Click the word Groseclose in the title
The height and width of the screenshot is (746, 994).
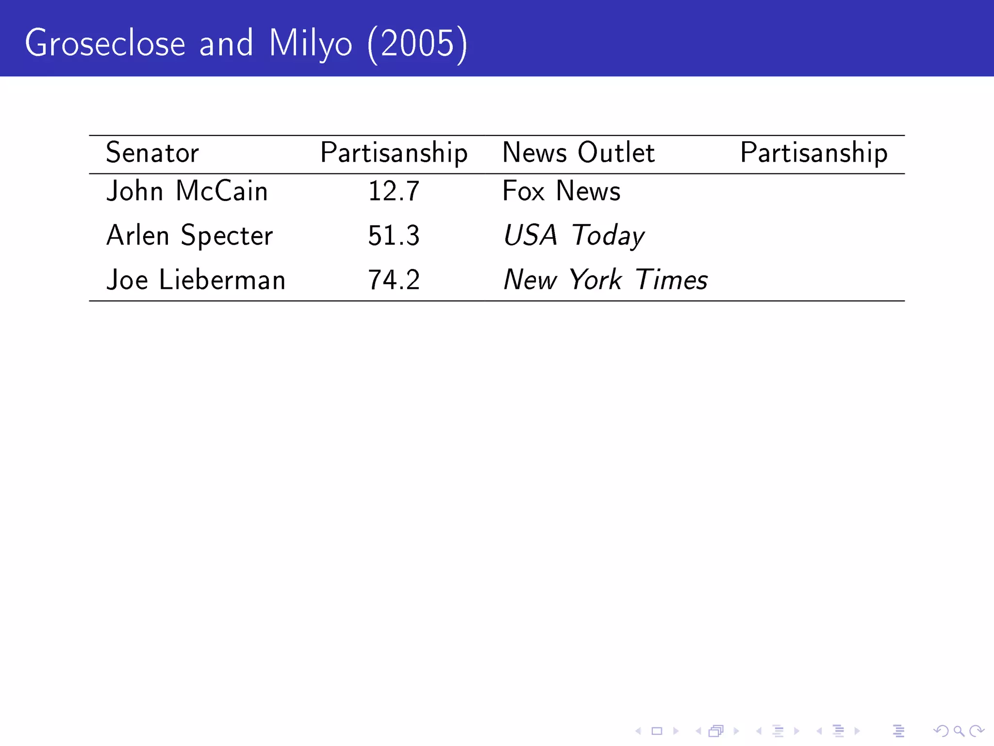pyautogui.click(x=105, y=43)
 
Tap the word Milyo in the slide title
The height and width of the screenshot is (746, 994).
pyautogui.click(x=310, y=43)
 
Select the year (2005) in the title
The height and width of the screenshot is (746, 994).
pyautogui.click(x=417, y=43)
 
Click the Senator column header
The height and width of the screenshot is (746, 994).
pyautogui.click(x=152, y=153)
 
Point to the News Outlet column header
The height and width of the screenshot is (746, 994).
pyautogui.click(x=579, y=153)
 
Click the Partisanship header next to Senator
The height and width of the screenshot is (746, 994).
pyautogui.click(x=394, y=153)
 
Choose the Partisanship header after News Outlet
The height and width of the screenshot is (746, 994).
pyautogui.click(x=814, y=153)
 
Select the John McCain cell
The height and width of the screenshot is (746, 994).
pyautogui.click(x=187, y=191)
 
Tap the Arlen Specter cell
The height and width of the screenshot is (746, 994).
pyautogui.click(x=189, y=236)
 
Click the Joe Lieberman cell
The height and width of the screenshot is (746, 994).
pyautogui.click(x=196, y=280)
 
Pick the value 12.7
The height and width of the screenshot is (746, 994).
pyautogui.click(x=394, y=191)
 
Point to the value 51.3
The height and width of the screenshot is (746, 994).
pyautogui.click(x=394, y=236)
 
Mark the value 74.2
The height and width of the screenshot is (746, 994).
pyautogui.click(x=394, y=280)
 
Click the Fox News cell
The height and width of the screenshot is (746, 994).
pyautogui.click(x=562, y=191)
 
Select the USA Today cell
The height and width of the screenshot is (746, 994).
pyautogui.click(x=574, y=236)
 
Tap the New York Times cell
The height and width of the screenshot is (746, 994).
pyautogui.click(x=605, y=280)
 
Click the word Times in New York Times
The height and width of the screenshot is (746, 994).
pyautogui.click(x=671, y=280)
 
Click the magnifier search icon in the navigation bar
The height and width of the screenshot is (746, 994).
pyautogui.click(x=959, y=730)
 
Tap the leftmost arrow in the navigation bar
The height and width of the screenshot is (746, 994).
pyautogui.click(x=638, y=730)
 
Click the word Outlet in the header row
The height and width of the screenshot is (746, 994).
pyautogui.click(x=616, y=153)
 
